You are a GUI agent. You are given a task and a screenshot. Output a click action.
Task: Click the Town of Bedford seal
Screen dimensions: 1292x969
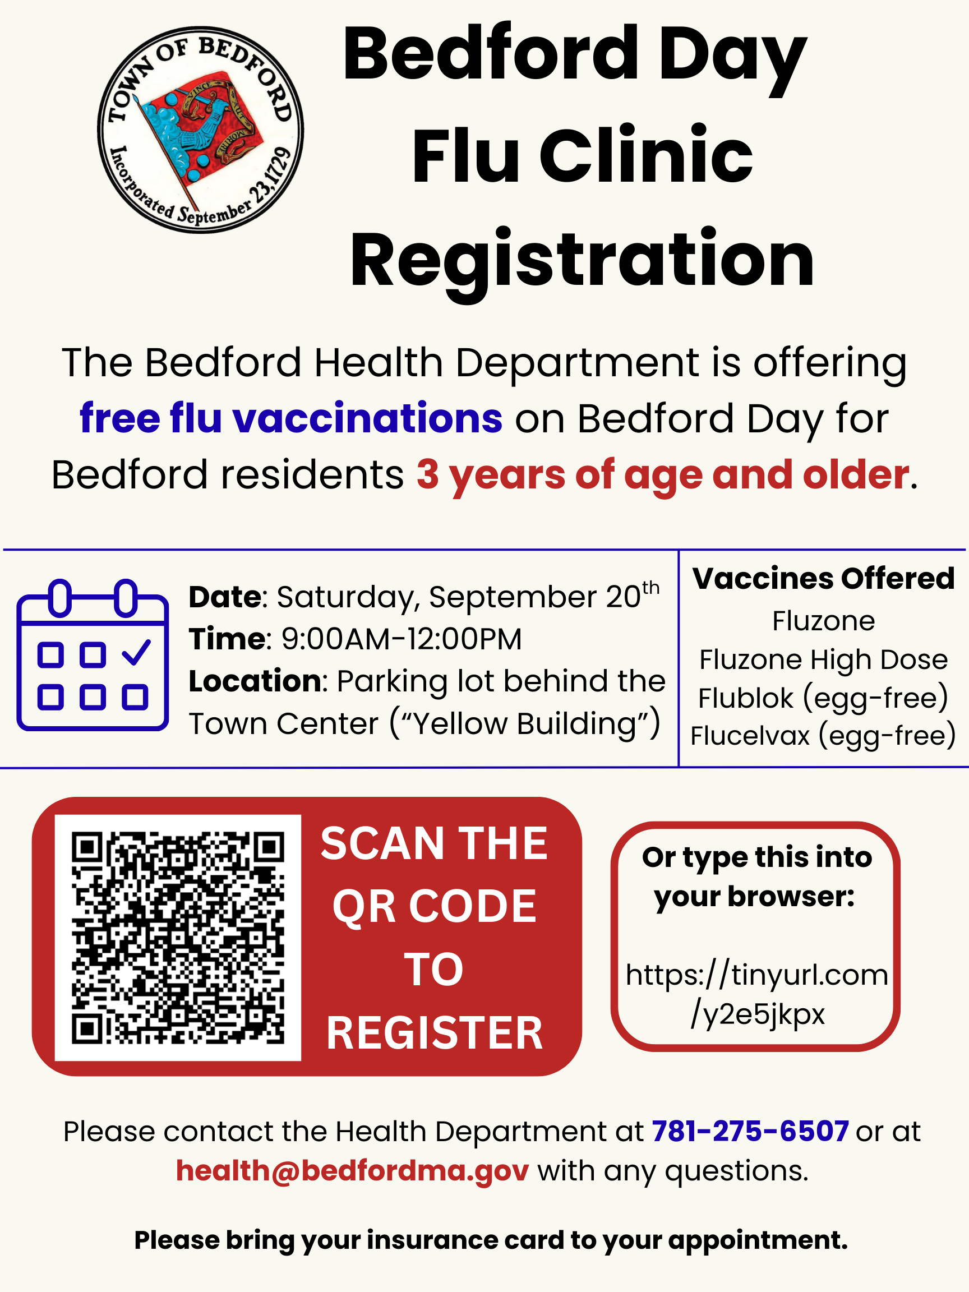click(x=200, y=130)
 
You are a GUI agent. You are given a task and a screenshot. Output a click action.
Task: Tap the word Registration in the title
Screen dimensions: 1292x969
click(x=582, y=259)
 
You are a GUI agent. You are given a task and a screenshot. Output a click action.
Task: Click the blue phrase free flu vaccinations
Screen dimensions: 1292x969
click(x=290, y=418)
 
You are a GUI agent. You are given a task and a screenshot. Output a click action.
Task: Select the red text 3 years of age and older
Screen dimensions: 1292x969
click(x=662, y=474)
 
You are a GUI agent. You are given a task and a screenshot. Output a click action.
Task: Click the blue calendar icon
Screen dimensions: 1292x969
click(x=93, y=656)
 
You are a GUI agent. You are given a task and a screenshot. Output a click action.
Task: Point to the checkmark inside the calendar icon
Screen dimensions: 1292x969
click(x=137, y=652)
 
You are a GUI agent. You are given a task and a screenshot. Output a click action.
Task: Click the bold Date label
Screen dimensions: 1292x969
click(x=224, y=597)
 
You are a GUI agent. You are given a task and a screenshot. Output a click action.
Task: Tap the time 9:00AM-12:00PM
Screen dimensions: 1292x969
click(x=402, y=639)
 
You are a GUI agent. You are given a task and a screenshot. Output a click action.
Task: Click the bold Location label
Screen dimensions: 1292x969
click(x=255, y=681)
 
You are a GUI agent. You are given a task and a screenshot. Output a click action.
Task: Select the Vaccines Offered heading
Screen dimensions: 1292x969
click(x=823, y=579)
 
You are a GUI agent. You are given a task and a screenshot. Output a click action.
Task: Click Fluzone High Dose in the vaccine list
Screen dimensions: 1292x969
click(x=823, y=659)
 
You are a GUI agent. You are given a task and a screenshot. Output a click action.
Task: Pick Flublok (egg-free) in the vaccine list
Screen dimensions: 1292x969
click(x=823, y=698)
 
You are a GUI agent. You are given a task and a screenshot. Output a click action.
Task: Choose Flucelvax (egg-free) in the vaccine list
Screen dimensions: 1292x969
click(x=823, y=735)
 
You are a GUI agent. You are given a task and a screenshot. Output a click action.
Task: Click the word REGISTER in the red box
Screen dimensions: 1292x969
click(x=435, y=1033)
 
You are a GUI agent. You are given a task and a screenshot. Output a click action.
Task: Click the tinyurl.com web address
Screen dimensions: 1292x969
click(x=757, y=994)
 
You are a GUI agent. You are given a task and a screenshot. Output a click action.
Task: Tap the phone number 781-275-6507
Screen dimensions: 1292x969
click(x=750, y=1132)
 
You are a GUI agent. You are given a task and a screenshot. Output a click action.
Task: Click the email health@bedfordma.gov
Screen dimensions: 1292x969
click(x=352, y=1171)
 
